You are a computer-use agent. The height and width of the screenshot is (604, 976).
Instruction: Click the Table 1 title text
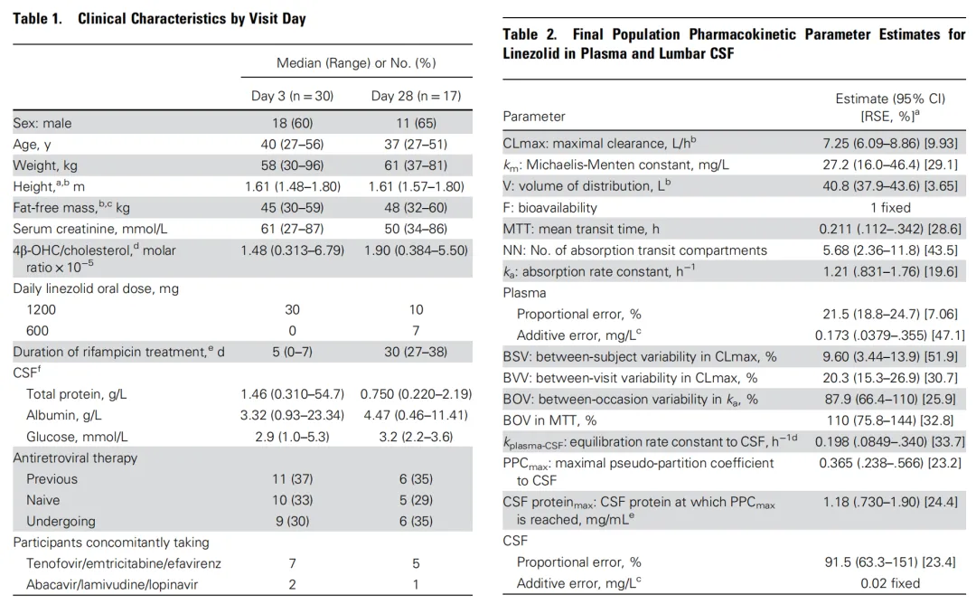pos(159,19)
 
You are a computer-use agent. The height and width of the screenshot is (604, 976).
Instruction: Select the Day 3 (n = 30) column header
pos(292,96)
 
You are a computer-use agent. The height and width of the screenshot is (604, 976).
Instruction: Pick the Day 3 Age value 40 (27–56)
pos(292,145)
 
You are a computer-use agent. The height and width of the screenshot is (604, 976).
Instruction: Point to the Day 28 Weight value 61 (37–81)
pos(416,165)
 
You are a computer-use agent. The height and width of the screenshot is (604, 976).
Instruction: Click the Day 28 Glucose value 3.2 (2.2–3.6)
pos(416,437)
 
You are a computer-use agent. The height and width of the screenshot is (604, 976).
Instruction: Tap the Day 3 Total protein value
pos(292,394)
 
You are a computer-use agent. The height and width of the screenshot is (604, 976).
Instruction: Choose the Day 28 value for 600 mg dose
pos(416,331)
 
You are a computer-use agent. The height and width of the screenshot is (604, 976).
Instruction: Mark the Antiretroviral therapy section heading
pos(75,458)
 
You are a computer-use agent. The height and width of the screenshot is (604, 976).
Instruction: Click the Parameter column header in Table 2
pos(534,117)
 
